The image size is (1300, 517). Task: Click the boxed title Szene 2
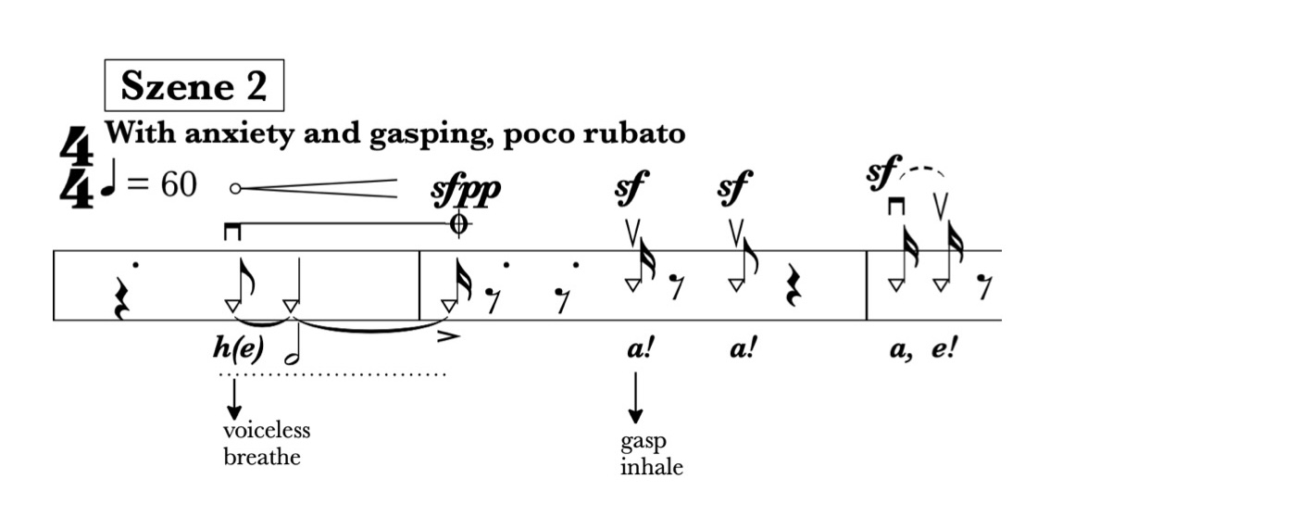[x=194, y=87]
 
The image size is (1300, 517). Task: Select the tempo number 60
[x=179, y=185]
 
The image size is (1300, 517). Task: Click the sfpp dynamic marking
[x=468, y=189]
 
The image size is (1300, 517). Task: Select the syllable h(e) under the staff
[x=238, y=348]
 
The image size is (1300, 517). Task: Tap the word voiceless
[x=267, y=431]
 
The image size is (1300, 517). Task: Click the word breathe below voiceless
[x=262, y=457]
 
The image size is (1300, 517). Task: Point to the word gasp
[x=644, y=441]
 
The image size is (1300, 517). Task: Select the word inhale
[x=652, y=466]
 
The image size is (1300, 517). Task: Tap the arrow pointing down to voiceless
[x=233, y=399]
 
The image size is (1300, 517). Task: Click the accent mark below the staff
[x=448, y=338]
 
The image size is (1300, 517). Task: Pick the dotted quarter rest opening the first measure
[x=122, y=295]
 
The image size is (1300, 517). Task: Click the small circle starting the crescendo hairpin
[x=235, y=188]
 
